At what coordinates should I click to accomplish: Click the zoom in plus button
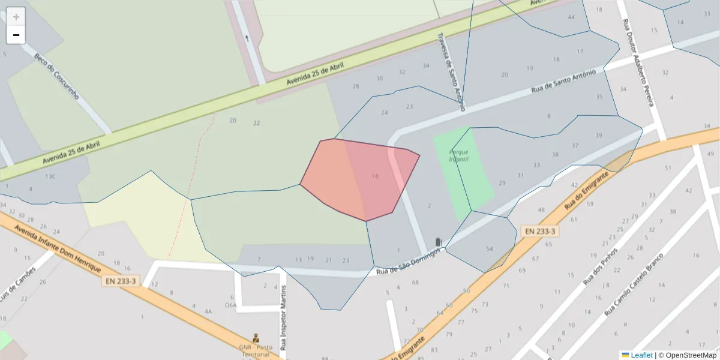[x=16, y=17]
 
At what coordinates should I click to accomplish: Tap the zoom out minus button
[x=16, y=35]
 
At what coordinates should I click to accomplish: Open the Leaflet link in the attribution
[x=641, y=355]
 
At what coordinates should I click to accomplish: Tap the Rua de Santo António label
[x=563, y=82]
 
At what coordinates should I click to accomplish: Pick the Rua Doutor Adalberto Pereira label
[x=637, y=62]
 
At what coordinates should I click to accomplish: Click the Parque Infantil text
[x=459, y=155]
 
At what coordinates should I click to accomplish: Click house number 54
[x=490, y=249]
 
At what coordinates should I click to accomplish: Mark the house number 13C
[x=50, y=176]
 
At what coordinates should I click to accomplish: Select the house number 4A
[x=208, y=311]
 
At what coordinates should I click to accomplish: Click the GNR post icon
[x=256, y=338]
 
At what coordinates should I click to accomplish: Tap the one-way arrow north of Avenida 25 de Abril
[x=248, y=38]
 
